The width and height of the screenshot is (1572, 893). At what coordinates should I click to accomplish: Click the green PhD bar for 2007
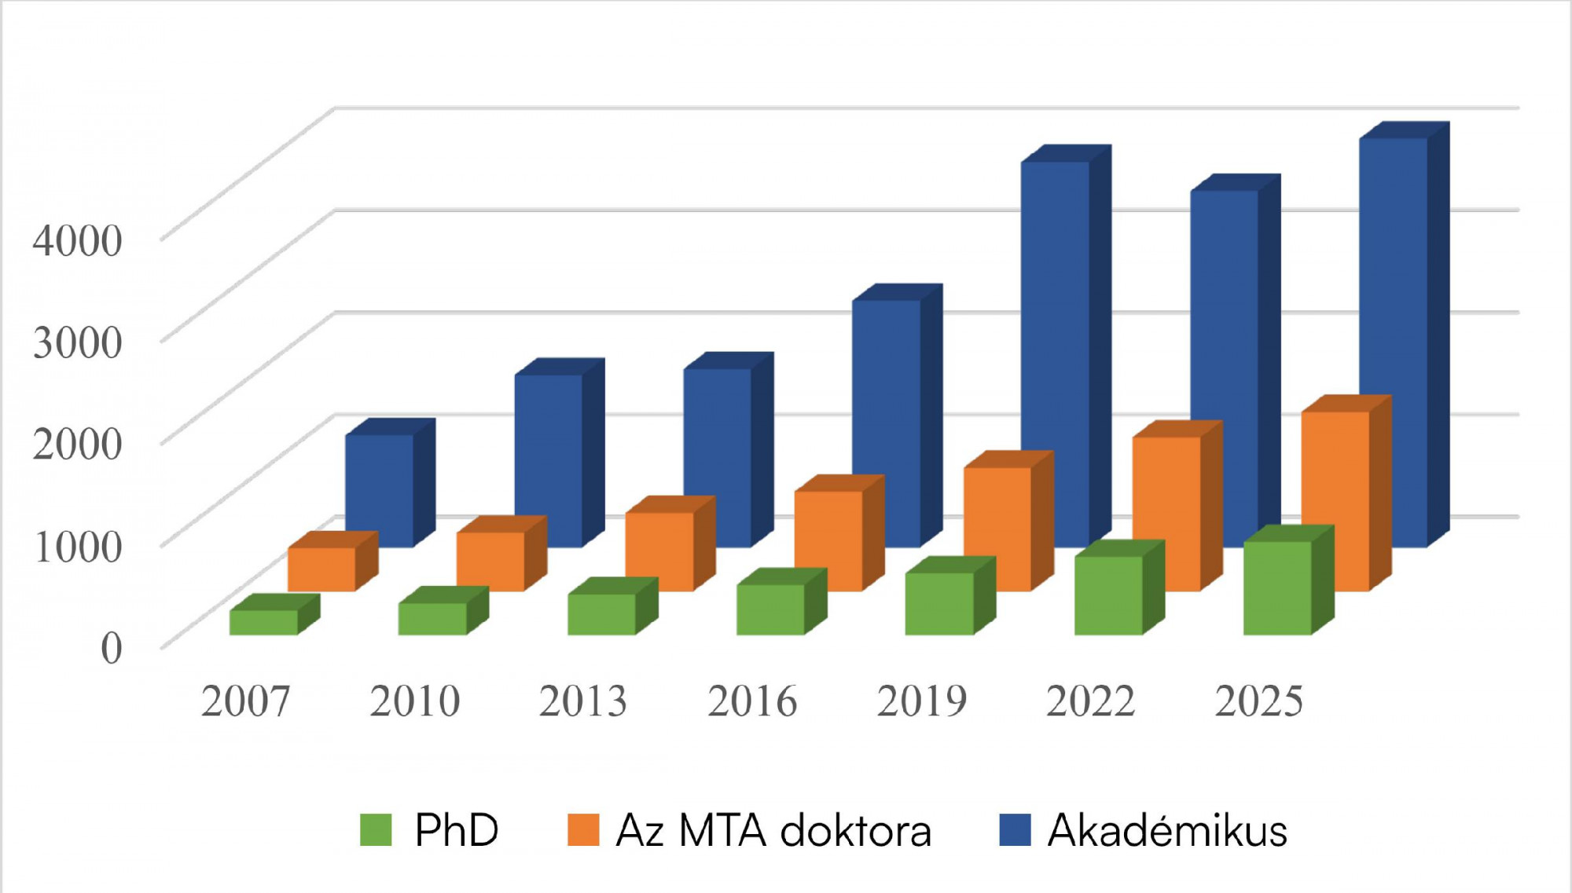(263, 622)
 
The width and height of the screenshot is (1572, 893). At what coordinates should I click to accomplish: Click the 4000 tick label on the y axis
(77, 240)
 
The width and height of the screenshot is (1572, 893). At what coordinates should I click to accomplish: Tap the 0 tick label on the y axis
(111, 648)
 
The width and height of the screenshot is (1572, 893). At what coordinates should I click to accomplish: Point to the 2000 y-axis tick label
(77, 444)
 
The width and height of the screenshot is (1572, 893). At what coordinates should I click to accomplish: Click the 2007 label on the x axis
(245, 701)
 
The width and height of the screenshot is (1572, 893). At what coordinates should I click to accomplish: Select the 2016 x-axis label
(752, 701)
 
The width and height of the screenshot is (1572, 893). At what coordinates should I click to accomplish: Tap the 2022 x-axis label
(1090, 701)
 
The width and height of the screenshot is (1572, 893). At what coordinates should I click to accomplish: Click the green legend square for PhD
(376, 829)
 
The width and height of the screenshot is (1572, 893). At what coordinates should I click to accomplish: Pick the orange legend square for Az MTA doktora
(583, 829)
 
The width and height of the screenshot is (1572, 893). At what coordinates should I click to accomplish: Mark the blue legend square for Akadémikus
(1015, 829)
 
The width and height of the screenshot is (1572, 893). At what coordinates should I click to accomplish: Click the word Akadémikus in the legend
(1167, 830)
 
